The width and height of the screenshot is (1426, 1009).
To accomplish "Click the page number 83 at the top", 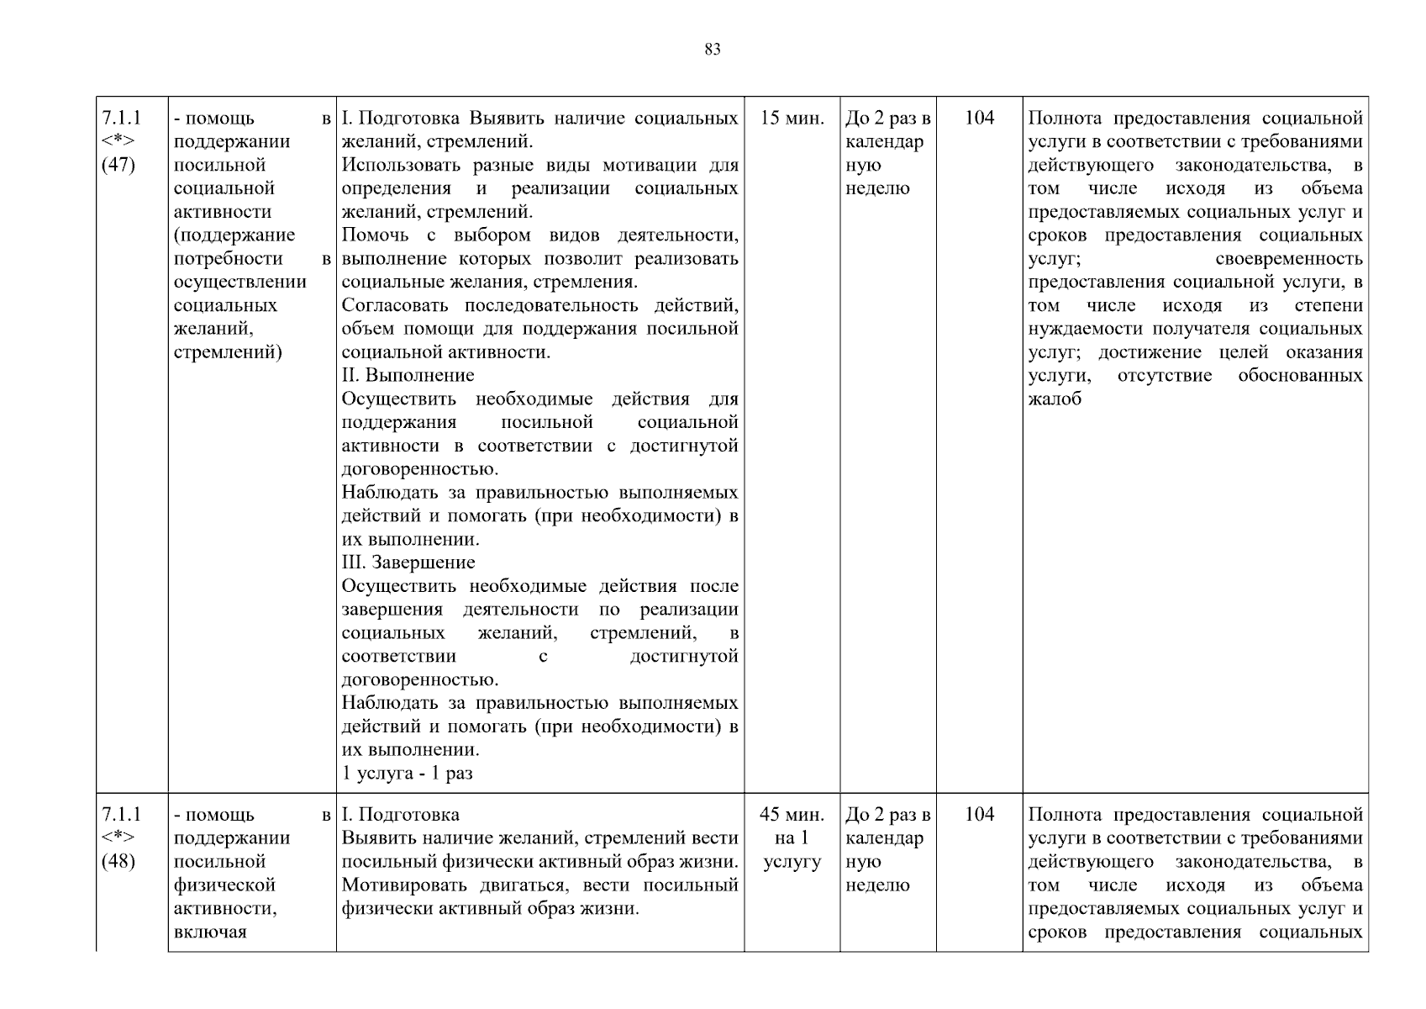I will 712,50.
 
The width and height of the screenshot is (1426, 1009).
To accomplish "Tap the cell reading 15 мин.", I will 792,119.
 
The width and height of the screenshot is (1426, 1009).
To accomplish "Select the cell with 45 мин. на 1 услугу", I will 792,838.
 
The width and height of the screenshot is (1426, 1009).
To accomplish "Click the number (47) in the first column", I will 118,165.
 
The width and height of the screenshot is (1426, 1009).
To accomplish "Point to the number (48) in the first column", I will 118,862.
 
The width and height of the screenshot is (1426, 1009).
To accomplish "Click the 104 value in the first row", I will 979,119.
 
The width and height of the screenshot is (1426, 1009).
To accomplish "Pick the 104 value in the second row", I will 979,815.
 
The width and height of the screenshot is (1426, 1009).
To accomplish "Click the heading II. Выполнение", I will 408,376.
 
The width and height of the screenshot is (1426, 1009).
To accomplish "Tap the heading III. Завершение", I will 408,563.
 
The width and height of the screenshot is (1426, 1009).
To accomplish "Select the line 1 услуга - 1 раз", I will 408,774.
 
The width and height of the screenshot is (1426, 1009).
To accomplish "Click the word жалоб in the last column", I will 1055,399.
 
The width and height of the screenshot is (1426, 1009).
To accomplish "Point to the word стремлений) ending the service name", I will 228,352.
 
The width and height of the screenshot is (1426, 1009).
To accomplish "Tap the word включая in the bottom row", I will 210,932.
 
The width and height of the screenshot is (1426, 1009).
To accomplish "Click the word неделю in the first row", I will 877,188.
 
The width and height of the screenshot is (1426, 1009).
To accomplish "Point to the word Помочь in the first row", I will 375,235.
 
